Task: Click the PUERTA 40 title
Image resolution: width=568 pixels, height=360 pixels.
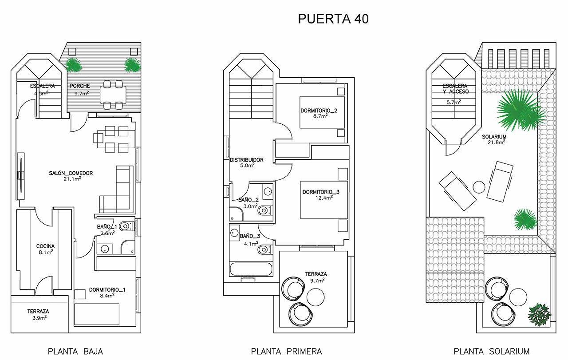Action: [333, 19]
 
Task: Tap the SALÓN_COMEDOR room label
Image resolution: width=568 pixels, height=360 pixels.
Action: [71, 176]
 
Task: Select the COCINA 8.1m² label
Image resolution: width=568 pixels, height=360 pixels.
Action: [46, 249]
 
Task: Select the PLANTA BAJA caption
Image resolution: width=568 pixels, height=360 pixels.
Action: [75, 351]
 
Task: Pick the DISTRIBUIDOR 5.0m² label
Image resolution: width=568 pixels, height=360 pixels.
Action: [247, 162]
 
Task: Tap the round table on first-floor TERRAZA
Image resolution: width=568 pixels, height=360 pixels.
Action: [316, 297]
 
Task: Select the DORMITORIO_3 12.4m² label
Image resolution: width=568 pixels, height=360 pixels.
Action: [321, 194]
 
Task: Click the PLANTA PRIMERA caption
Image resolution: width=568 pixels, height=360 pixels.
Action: [286, 351]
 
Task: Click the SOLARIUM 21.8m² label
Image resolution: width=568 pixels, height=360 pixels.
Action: [494, 139]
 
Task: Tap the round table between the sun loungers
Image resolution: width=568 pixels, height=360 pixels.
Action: [479, 187]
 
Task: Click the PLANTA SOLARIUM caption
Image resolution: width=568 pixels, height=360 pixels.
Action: [491, 351]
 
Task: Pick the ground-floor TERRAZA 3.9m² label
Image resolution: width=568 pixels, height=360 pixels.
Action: [38, 314]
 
